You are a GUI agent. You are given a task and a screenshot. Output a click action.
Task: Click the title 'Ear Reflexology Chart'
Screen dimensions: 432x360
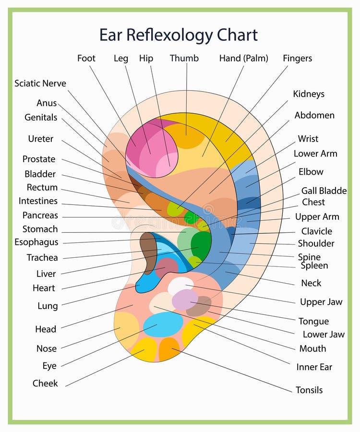coord(178,35)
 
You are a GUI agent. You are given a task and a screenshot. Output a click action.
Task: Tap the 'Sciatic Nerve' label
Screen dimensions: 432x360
coord(40,84)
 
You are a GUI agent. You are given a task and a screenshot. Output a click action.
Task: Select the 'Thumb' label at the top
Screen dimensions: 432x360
coord(184,59)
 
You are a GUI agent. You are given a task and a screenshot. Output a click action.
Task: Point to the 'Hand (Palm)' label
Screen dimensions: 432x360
coord(243,59)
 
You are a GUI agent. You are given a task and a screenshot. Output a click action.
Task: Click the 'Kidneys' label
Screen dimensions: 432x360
coord(309,94)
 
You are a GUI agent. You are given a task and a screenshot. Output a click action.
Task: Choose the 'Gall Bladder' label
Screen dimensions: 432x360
coord(324,191)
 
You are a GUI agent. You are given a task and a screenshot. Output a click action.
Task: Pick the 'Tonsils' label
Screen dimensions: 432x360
coord(309,390)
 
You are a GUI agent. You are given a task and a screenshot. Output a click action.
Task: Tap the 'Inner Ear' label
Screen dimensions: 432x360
coord(314,367)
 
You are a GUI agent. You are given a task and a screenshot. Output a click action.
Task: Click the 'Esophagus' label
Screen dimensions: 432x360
coord(36,242)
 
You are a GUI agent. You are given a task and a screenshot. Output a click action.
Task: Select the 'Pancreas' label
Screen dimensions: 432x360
coord(40,216)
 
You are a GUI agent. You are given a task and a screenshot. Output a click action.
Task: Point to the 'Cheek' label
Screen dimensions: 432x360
coord(45,384)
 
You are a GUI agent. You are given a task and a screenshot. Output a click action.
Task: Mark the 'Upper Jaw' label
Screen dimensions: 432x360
coord(321,302)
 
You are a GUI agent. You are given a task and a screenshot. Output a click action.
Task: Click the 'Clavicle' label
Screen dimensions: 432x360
coord(316,231)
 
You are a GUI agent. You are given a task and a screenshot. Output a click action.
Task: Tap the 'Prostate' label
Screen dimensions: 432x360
coord(39,159)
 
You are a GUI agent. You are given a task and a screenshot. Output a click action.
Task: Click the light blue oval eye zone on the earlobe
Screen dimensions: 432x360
coord(163,324)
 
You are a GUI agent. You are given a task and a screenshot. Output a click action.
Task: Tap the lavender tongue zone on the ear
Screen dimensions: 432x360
coord(185,300)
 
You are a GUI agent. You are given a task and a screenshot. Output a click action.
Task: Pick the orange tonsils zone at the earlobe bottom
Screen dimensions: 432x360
coord(169,349)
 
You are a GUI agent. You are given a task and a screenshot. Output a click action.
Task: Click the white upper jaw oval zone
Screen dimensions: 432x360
coord(180,285)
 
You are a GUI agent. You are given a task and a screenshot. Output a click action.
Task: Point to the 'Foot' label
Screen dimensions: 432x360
coord(86,59)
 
